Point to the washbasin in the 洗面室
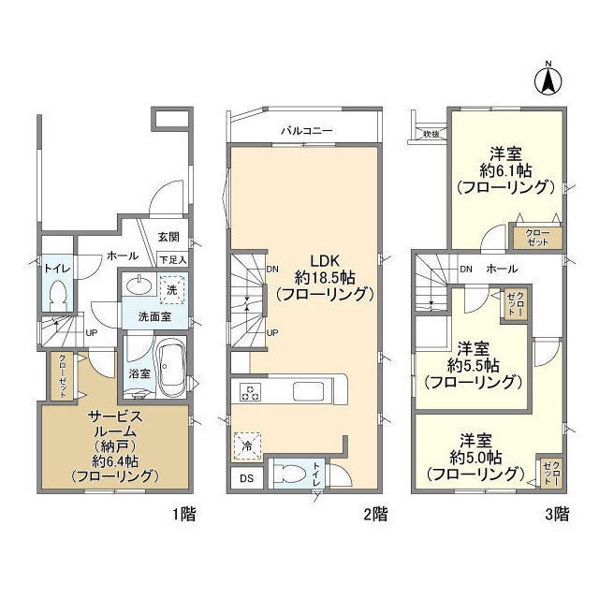point(140,286)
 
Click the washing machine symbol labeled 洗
point(171,289)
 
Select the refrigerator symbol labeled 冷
point(244,446)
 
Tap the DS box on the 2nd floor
point(245,480)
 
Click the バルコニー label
point(305,130)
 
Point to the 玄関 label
point(168,238)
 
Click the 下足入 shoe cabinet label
point(172,258)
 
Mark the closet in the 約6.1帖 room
point(536,236)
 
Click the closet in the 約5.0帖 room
point(549,472)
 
